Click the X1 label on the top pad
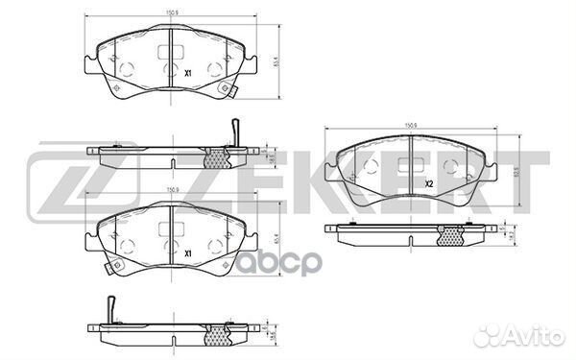click(x=189, y=72)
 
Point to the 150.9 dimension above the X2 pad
click(x=410, y=125)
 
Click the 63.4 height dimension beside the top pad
click(x=278, y=65)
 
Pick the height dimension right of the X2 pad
click(x=519, y=173)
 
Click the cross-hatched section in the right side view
click(x=448, y=234)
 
